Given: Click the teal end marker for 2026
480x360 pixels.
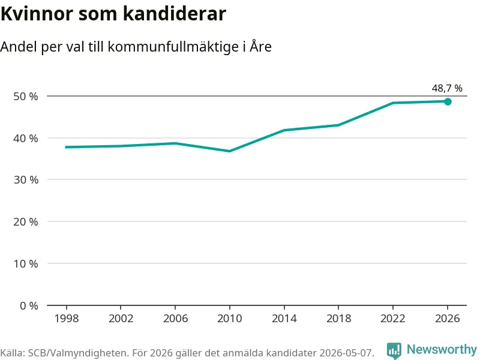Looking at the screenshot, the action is pyautogui.click(x=448, y=101).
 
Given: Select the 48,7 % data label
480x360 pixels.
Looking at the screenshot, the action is pyautogui.click(x=447, y=88).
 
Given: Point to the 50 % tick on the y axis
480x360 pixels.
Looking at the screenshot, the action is pyautogui.click(x=26, y=97).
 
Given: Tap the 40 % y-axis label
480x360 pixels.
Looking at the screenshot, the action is pyautogui.click(x=26, y=139).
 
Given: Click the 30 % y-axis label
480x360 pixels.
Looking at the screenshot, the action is pyautogui.click(x=26, y=179).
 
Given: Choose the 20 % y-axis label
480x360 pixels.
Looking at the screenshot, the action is pyautogui.click(x=26, y=221).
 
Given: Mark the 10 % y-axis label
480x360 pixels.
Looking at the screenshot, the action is pyautogui.click(x=26, y=263).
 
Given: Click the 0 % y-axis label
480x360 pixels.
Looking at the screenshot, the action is pyautogui.click(x=29, y=305).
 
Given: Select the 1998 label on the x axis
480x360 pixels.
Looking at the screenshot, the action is pyautogui.click(x=67, y=319).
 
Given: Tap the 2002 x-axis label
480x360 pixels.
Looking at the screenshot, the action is pyautogui.click(x=121, y=319).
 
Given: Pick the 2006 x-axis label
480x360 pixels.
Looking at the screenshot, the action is pyautogui.click(x=175, y=319).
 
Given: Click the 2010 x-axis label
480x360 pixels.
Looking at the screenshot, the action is pyautogui.click(x=230, y=319).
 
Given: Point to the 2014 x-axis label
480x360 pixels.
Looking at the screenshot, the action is pyautogui.click(x=284, y=319).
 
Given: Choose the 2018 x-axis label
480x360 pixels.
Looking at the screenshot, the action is pyautogui.click(x=338, y=319).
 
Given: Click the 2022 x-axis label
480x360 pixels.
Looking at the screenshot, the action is pyautogui.click(x=393, y=319).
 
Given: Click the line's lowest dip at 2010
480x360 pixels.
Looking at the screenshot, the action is pyautogui.click(x=230, y=151).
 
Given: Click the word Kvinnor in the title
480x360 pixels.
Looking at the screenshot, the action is pyautogui.click(x=37, y=14).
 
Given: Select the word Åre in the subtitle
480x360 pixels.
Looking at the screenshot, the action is pyautogui.click(x=260, y=47).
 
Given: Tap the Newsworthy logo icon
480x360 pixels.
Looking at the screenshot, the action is pyautogui.click(x=394, y=350).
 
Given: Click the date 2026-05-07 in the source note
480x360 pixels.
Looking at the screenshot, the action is pyautogui.click(x=347, y=353).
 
